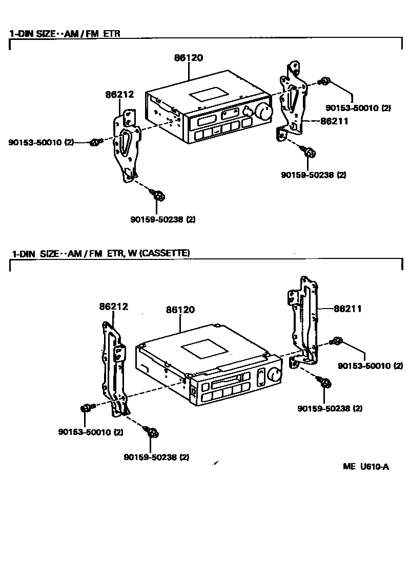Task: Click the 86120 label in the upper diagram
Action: coord(188,58)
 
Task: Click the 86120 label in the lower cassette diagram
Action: coord(180,310)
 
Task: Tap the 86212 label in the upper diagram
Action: coord(119,95)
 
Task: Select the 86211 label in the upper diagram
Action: coord(334,121)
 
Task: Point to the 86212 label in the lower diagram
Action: coord(113,307)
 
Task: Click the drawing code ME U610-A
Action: coord(366,467)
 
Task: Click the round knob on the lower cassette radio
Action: coord(273,375)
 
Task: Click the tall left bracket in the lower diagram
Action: coord(115,368)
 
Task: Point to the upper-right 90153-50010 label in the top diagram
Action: coord(358,108)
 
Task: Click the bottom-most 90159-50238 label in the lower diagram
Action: coord(156,457)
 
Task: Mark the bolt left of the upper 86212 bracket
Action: coord(94,142)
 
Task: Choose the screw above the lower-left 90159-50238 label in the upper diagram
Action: coord(158,194)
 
